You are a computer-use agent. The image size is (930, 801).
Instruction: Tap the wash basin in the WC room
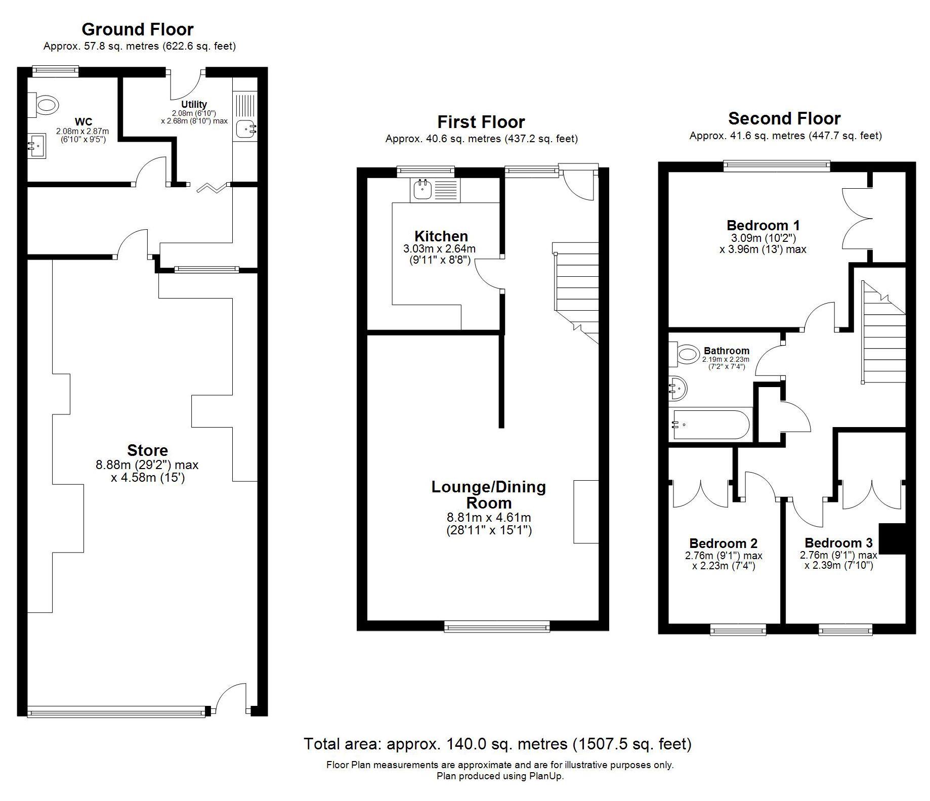pyautogui.click(x=36, y=146)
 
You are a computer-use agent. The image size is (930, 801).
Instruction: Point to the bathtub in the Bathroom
pyautogui.click(x=710, y=425)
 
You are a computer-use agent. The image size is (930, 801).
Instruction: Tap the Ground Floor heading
pyautogui.click(x=138, y=29)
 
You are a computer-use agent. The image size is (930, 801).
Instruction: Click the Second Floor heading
pyautogui.click(x=784, y=118)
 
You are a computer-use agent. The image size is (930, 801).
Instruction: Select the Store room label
pyautogui.click(x=147, y=450)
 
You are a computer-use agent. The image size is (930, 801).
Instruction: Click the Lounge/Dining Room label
pyautogui.click(x=489, y=495)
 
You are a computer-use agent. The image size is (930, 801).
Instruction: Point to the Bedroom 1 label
pyautogui.click(x=763, y=225)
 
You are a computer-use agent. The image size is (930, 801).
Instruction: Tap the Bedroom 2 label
pyautogui.click(x=724, y=543)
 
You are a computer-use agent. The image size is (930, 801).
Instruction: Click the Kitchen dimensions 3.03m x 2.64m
pyautogui.click(x=439, y=249)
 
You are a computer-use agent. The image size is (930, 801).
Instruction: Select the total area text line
pyautogui.click(x=497, y=744)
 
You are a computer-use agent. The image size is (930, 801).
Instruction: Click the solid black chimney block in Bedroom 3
pyautogui.click(x=892, y=539)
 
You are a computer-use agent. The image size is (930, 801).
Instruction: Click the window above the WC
pyautogui.click(x=56, y=71)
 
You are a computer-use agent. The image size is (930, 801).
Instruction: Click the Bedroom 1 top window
pyautogui.click(x=777, y=165)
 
